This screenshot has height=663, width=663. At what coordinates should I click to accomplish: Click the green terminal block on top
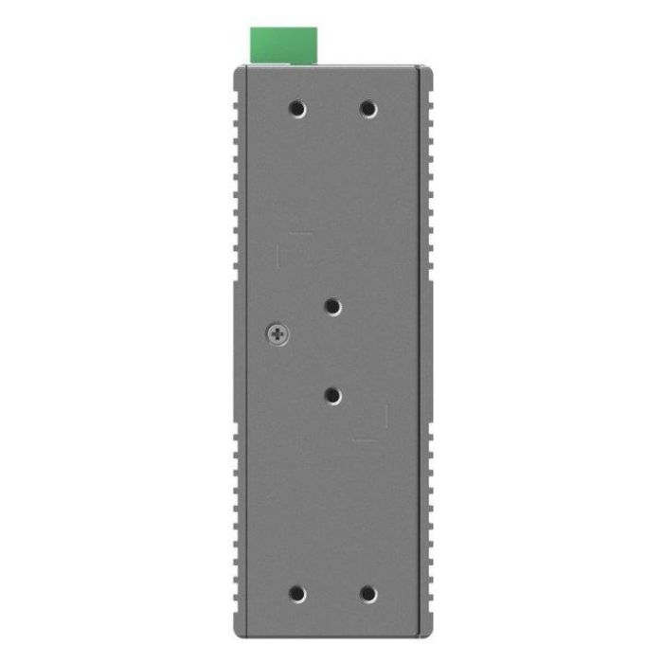point(282,45)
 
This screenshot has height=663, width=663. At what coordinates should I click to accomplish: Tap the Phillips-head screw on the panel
point(278,333)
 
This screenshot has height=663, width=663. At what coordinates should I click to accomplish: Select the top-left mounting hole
point(297,109)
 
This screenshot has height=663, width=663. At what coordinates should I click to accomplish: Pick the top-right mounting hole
point(368,109)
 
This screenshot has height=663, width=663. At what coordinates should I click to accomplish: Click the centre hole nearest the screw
point(332,307)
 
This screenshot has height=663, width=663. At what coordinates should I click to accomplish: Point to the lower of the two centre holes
point(332,395)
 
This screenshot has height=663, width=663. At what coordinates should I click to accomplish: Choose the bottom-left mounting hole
point(297,595)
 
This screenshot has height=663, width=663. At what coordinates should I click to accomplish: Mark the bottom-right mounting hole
point(368,595)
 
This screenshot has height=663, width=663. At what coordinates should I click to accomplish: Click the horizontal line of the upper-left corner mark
point(301,232)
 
